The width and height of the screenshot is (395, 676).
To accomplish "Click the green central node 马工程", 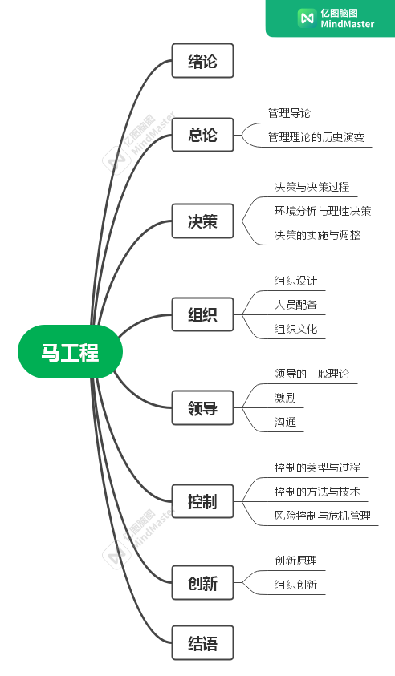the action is point(70,351).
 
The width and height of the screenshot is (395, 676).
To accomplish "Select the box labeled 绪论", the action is point(202,60).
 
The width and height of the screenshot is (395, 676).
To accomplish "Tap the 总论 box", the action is point(202,135).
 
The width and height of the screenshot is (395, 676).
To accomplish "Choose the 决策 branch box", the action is point(202,221).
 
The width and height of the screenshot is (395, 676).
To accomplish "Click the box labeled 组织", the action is point(202,314).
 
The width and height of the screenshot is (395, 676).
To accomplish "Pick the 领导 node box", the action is point(202,407).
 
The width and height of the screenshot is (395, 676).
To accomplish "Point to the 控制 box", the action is point(202,501).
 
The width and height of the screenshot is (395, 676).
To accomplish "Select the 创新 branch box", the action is point(202,582).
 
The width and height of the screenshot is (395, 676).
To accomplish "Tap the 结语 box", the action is point(202,643).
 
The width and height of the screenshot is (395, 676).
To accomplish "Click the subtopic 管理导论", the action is point(289,113).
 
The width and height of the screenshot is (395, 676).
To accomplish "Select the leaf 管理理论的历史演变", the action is point(316,137).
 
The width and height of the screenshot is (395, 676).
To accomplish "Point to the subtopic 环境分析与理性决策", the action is point(323,211).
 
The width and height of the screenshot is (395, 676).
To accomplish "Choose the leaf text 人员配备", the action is point(295,305).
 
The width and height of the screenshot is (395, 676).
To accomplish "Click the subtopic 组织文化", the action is point(295,329).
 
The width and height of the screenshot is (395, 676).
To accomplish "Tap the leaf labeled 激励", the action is point(285,398).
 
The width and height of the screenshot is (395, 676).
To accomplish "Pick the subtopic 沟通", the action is point(285,422).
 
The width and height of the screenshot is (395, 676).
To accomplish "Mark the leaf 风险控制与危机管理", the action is point(323,515).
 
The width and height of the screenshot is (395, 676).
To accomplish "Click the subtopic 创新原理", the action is point(295,561).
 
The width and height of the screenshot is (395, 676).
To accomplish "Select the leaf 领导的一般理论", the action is point(312,374).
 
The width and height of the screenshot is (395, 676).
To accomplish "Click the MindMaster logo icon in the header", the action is point(307,18).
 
